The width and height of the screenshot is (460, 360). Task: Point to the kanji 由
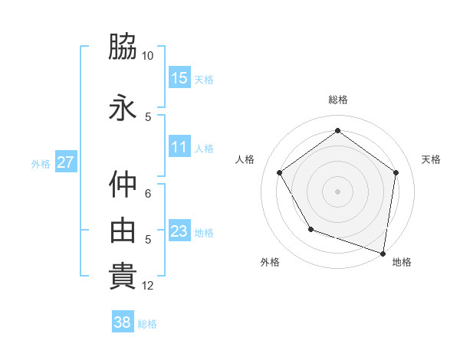123,231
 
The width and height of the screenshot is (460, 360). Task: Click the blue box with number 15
179,78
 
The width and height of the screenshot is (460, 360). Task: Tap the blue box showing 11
179,148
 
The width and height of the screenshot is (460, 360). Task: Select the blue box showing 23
179,232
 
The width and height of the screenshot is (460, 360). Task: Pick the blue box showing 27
65,162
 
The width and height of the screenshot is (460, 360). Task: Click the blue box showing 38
123,322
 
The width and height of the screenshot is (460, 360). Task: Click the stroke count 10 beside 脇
148,56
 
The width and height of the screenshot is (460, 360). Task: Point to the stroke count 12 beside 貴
148,286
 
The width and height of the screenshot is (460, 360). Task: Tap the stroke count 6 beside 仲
148,193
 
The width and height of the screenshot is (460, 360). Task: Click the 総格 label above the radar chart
337,100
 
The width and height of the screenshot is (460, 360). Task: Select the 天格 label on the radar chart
431,159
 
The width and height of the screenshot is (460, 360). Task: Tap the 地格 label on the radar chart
402,263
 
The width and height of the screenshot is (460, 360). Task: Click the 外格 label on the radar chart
270,263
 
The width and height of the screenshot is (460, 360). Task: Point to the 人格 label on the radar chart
245,159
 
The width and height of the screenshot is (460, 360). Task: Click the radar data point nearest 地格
382,252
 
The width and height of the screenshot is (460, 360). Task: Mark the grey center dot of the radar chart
337,191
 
